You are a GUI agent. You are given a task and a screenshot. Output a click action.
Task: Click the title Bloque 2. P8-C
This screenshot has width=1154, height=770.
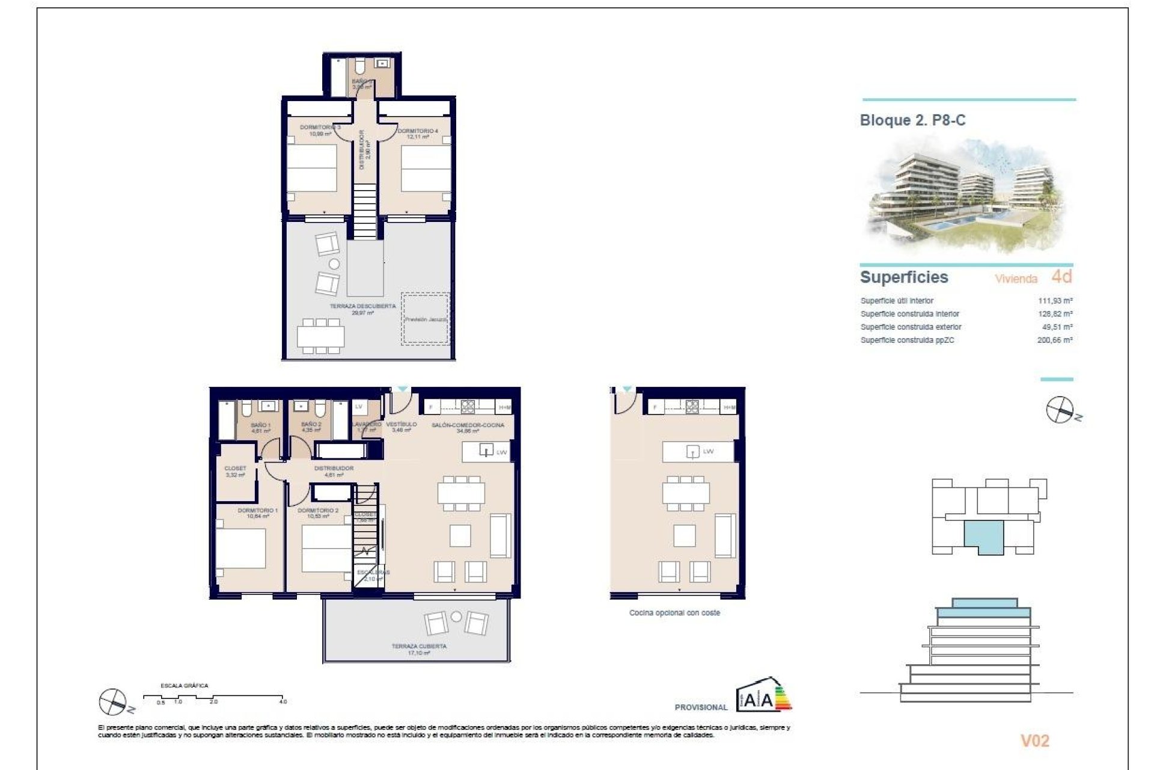click(x=912, y=120)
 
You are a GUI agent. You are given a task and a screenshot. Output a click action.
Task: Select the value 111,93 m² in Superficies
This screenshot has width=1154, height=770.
click(x=1055, y=301)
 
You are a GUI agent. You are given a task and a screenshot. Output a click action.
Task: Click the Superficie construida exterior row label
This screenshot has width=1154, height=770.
click(x=911, y=327)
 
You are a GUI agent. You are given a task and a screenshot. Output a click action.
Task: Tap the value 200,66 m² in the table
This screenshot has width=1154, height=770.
click(x=1055, y=340)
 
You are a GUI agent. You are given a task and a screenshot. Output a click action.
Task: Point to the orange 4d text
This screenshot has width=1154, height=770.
click(x=1061, y=277)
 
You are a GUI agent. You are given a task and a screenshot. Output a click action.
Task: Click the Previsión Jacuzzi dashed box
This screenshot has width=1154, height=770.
click(x=426, y=319)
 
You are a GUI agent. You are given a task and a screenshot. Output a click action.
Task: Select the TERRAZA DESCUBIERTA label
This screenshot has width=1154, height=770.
click(x=362, y=307)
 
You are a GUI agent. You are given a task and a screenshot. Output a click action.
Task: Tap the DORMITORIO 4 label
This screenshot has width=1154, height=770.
click(x=418, y=131)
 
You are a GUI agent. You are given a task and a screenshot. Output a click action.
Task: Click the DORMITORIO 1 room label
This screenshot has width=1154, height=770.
click(x=257, y=511)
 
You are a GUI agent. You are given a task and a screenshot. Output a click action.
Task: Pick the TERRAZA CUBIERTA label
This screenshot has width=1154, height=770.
click(x=419, y=647)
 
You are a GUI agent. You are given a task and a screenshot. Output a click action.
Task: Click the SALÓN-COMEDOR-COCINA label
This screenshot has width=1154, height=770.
click(x=468, y=425)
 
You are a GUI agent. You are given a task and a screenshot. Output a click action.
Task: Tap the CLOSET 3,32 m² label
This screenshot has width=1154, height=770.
click(x=235, y=471)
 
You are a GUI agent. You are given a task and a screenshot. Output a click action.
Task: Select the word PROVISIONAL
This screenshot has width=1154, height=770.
click(x=701, y=707)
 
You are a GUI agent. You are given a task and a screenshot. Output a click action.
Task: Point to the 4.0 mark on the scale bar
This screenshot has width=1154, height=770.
click(x=283, y=701)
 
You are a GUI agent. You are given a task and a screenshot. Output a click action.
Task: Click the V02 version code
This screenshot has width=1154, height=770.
click(x=1034, y=741)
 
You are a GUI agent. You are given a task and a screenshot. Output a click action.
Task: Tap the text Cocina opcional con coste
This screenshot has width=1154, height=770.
click(x=674, y=613)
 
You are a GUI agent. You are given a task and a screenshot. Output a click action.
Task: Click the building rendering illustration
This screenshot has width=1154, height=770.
click(x=966, y=196)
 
